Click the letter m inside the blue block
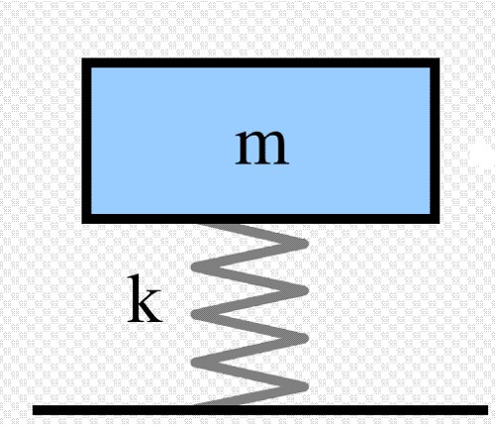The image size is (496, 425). (x=262, y=148)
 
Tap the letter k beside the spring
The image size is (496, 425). (x=145, y=298)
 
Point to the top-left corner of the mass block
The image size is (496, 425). (x=82, y=58)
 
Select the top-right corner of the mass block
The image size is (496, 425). (x=439, y=58)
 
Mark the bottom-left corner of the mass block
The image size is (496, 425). (x=82, y=223)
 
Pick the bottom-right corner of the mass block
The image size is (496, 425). (x=439, y=223)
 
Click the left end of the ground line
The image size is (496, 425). (x=33, y=410)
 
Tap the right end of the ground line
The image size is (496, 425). (x=488, y=410)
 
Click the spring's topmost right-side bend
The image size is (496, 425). (x=303, y=244)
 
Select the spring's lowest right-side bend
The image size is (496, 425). (x=303, y=386)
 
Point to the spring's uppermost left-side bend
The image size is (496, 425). (x=197, y=266)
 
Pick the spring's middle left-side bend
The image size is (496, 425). (x=197, y=314)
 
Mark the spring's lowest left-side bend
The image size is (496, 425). (x=197, y=362)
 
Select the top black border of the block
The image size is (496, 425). (x=260, y=62)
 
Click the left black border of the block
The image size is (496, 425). (x=86, y=141)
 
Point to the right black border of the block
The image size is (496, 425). (x=435, y=141)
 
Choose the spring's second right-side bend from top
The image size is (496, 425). (x=303, y=290)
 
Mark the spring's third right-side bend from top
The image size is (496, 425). (x=303, y=338)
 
